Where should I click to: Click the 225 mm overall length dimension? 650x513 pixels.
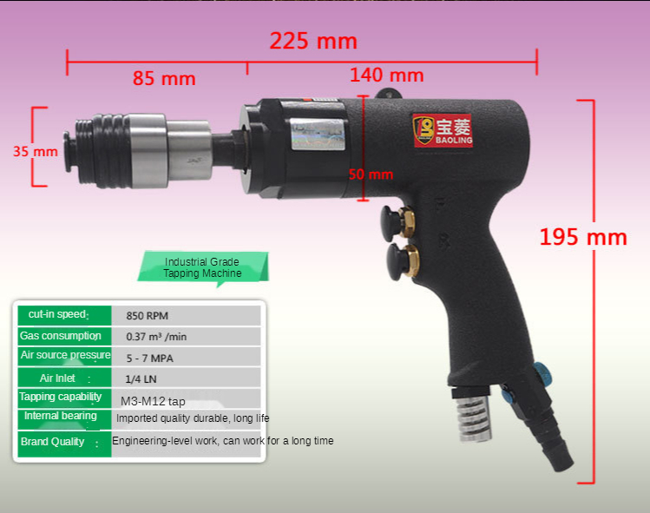coord(313,41)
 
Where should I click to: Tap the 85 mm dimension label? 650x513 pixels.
coord(164,78)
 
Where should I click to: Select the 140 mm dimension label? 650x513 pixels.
coord(387,75)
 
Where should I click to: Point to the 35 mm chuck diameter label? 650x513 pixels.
coord(36,151)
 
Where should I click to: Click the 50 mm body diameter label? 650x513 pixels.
coord(371,174)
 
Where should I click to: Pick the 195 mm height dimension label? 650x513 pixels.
coord(583,237)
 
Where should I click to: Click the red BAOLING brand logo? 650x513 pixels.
coord(443,130)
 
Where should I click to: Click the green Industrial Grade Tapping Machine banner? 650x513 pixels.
coord(203,267)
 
